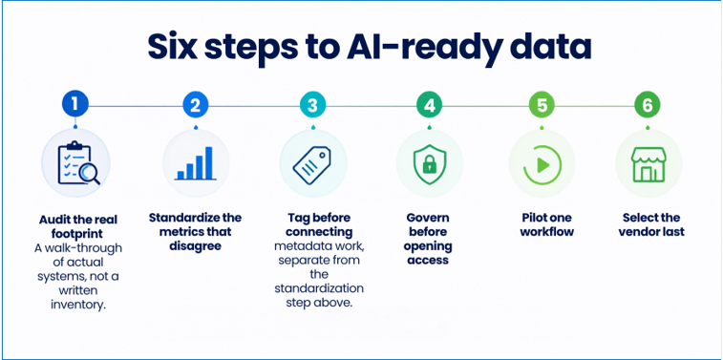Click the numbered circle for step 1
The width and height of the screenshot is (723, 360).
[75, 106]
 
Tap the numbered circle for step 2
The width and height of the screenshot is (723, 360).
[196, 106]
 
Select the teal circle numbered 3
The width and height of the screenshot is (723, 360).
[312, 106]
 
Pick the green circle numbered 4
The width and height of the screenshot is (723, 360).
[429, 106]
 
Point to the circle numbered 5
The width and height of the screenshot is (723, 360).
[542, 106]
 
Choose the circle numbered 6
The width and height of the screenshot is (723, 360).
[648, 106]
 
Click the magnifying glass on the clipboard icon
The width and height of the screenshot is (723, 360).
[89, 174]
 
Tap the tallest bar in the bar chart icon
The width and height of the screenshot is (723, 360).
[209, 162]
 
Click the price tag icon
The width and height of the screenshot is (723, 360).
[312, 163]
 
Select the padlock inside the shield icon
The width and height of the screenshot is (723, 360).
[429, 162]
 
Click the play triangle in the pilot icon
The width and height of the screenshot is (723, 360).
[543, 164]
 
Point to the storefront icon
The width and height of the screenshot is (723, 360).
[649, 164]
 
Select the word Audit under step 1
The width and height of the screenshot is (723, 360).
[53, 220]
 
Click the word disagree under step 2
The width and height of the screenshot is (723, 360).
[195, 246]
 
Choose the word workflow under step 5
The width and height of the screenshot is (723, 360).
[547, 231]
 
